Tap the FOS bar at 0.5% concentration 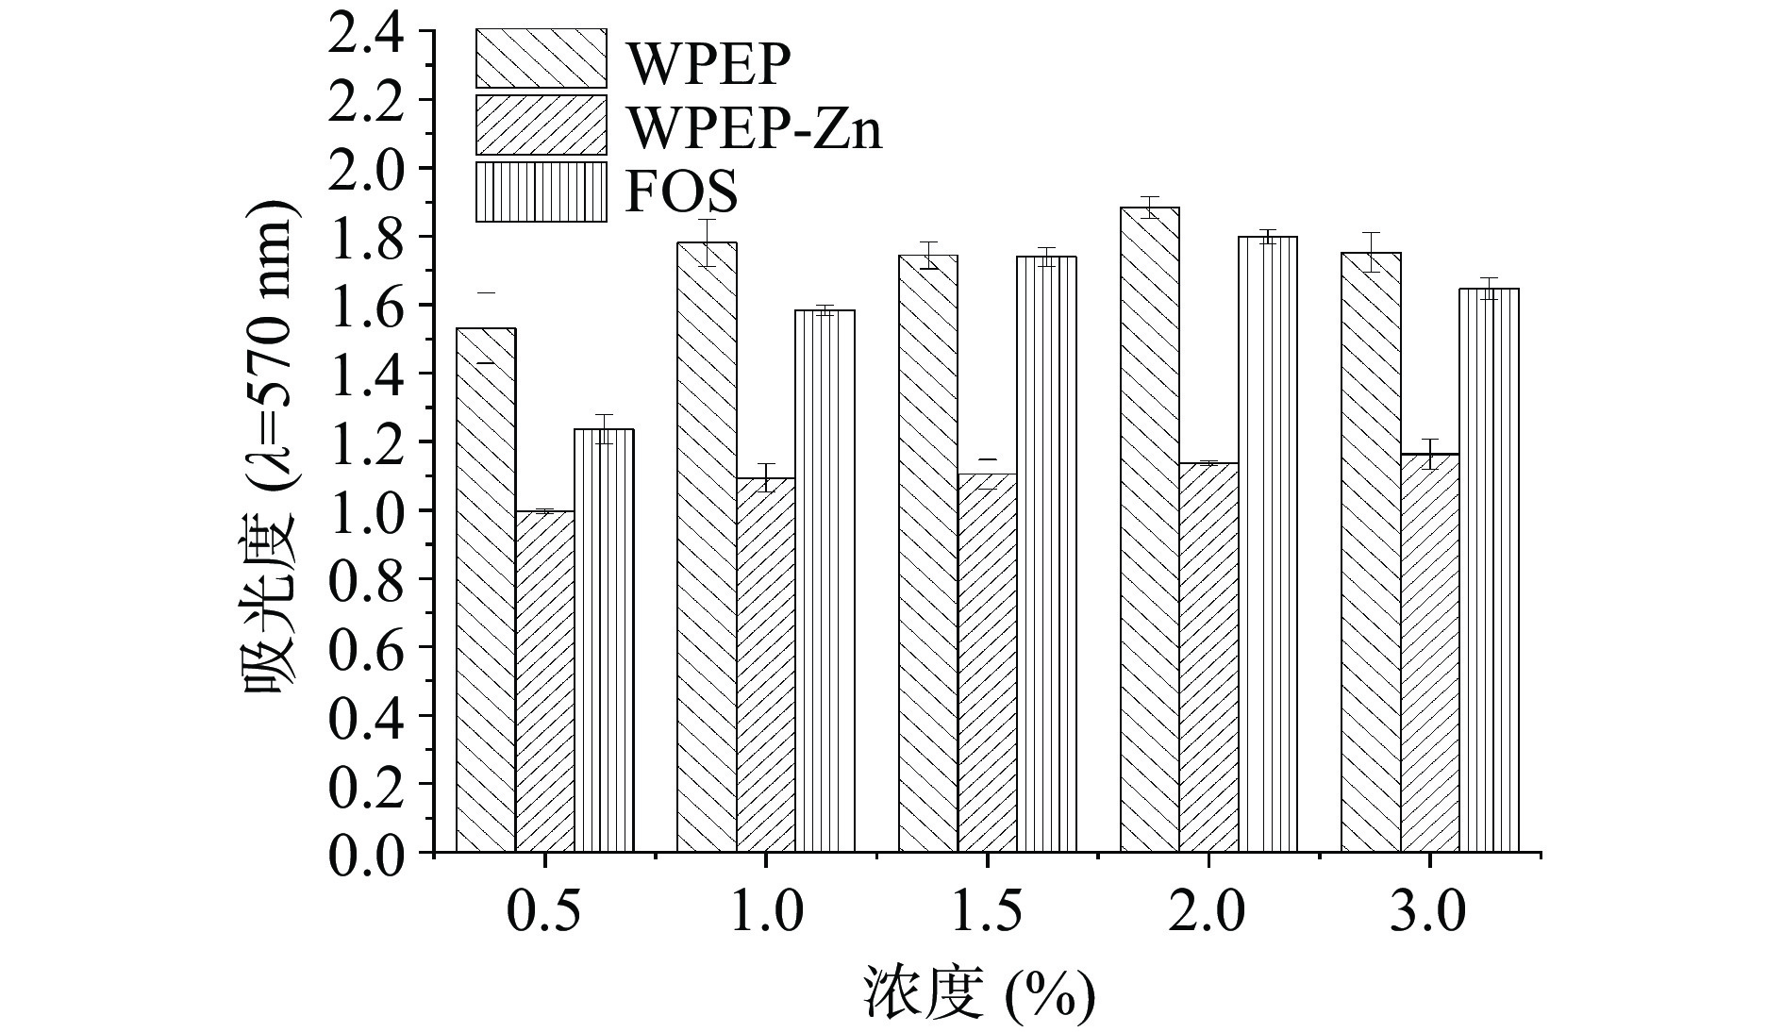pos(604,641)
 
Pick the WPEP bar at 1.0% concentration pos(708,547)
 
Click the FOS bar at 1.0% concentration pos(825,581)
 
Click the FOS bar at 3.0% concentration pos(1489,571)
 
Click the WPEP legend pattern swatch pos(541,58)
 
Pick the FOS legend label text pos(681,192)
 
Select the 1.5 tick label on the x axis pos(987,912)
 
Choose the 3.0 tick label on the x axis pos(1428,912)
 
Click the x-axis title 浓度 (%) pos(978,993)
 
